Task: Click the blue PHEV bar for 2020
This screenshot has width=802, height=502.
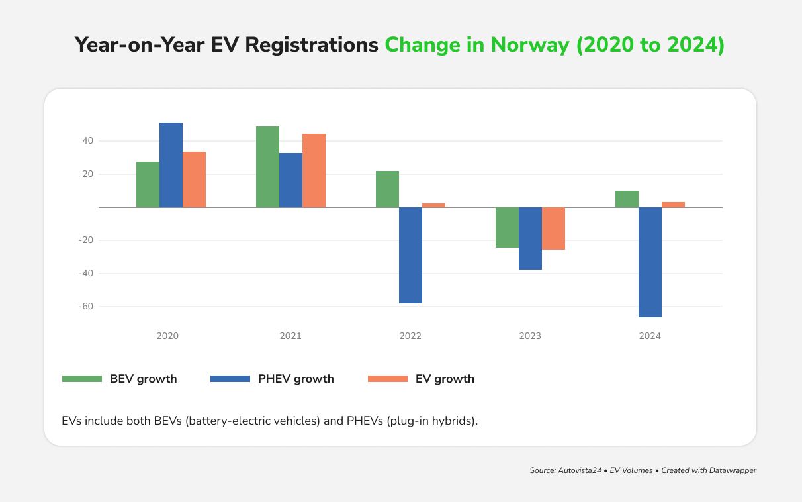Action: [171, 165]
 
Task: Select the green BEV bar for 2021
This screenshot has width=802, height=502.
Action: [267, 167]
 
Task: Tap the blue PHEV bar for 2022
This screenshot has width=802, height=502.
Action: [410, 255]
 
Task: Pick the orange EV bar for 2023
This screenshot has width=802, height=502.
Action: [553, 228]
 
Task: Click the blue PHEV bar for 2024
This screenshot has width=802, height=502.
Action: [650, 262]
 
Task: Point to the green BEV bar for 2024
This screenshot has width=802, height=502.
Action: [627, 199]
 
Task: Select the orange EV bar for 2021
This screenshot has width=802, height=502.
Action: [314, 170]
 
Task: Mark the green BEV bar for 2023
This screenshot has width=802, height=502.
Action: [507, 227]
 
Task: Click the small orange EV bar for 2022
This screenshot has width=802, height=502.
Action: [433, 205]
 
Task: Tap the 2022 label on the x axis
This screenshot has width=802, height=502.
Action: [410, 336]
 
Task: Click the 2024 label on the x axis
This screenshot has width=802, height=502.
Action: [650, 336]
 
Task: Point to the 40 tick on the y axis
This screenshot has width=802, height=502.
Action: [87, 141]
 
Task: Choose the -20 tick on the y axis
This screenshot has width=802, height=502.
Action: [86, 240]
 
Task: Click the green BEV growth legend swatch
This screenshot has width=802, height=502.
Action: [82, 379]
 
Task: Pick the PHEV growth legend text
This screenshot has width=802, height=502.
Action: [296, 379]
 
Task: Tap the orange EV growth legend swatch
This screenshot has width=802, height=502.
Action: [388, 379]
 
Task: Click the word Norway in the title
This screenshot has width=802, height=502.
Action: [529, 45]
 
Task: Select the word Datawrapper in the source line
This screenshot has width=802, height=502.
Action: [728, 470]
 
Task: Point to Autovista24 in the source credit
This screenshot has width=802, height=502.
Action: [580, 470]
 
